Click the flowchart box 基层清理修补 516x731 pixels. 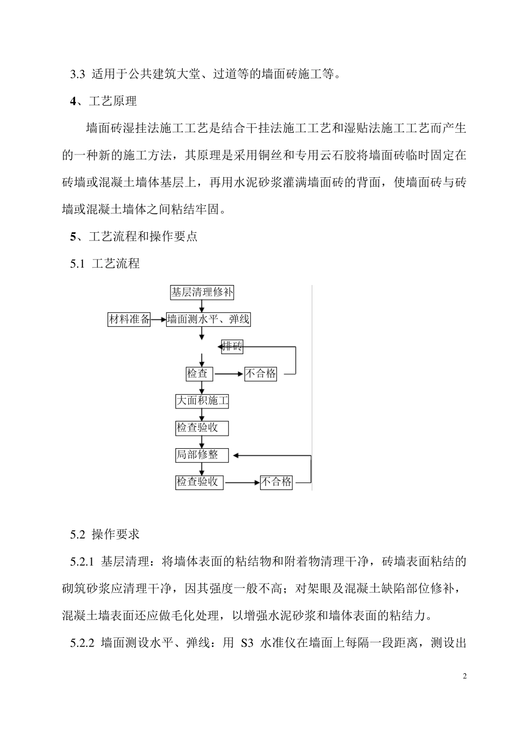(x=202, y=293)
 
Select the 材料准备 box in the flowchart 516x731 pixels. (x=129, y=320)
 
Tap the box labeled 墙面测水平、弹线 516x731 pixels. (x=208, y=320)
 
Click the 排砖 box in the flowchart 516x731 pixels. (x=232, y=346)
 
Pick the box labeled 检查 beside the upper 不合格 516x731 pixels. (x=199, y=374)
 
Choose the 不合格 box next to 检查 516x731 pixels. (x=261, y=374)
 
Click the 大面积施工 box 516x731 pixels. (x=202, y=401)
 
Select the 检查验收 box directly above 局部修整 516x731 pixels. (x=202, y=428)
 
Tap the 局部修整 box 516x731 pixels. (x=202, y=455)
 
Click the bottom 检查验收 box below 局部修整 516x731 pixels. (x=199, y=482)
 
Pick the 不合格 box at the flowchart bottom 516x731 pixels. (x=276, y=482)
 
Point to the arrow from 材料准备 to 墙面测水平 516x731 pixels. (x=159, y=320)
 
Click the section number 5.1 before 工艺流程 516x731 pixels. (x=78, y=264)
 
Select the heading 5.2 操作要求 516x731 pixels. (x=105, y=535)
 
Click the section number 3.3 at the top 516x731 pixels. (x=78, y=75)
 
